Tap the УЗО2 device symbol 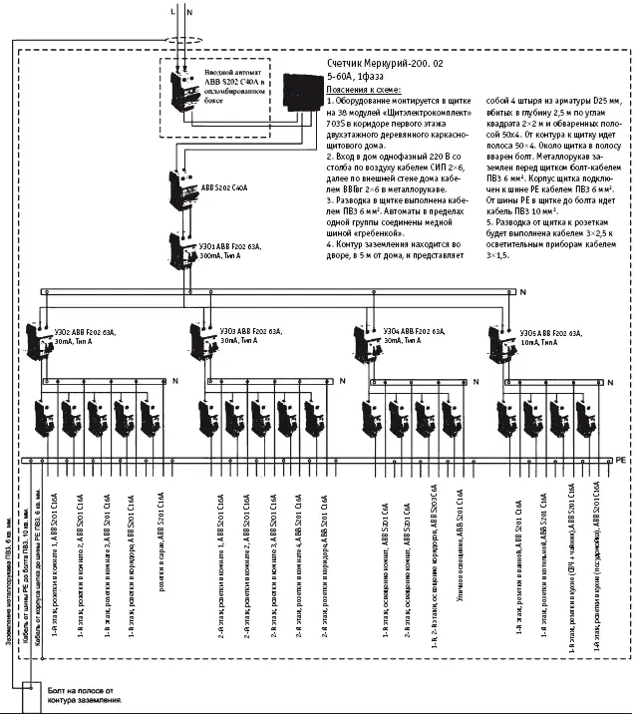[39, 343]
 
